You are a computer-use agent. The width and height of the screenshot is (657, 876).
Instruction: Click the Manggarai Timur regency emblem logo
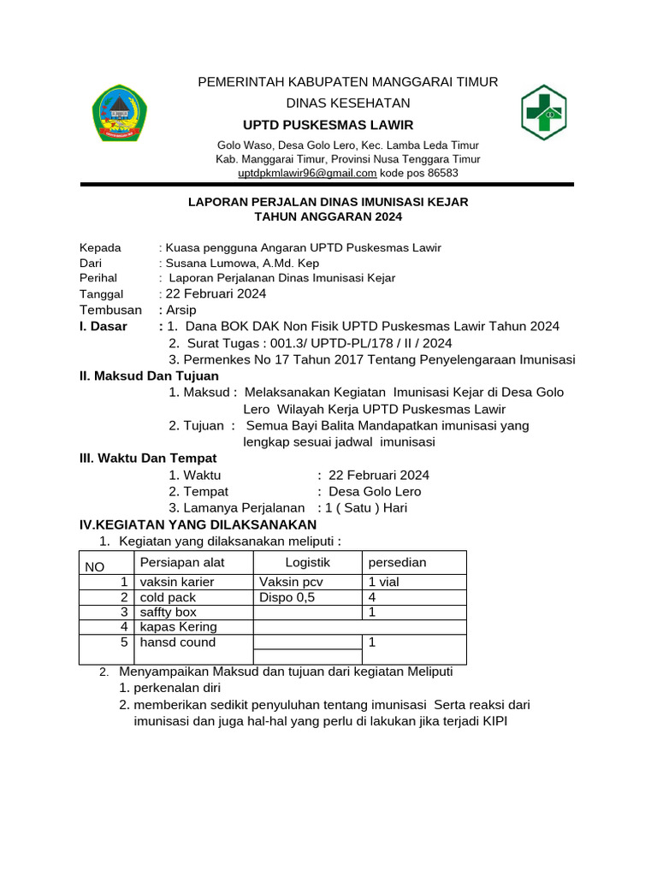119,112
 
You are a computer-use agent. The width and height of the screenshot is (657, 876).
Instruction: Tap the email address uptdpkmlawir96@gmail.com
307,173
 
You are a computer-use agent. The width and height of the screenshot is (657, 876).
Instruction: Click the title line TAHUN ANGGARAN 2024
328,217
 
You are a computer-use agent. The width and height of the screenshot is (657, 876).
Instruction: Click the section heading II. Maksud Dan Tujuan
149,376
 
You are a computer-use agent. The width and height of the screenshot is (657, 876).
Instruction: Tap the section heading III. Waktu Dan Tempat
147,459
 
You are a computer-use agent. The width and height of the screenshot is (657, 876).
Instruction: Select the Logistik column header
307,562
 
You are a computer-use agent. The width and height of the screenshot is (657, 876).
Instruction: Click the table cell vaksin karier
177,583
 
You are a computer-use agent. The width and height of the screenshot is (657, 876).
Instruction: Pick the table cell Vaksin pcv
291,583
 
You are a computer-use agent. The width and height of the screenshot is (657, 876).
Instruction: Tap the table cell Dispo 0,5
287,597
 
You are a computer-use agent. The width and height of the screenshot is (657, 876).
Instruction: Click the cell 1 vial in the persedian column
383,583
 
